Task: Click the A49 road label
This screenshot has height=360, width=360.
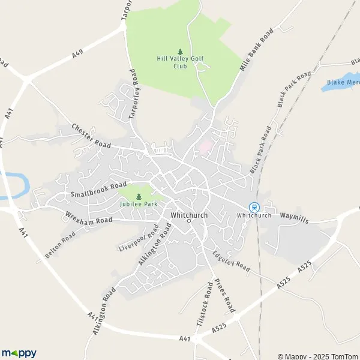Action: click(77, 54)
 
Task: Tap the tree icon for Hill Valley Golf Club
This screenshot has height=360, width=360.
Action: click(179, 52)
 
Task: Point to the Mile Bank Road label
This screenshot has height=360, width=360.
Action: click(256, 49)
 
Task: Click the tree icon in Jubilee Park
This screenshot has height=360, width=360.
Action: click(139, 196)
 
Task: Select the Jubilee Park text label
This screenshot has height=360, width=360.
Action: click(139, 204)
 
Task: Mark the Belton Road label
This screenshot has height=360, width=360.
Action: click(60, 246)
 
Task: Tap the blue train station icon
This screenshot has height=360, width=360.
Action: click(253, 207)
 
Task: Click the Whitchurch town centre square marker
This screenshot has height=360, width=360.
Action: click(188, 221)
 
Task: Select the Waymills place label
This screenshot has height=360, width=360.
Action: click(293, 218)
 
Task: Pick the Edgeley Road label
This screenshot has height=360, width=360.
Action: click(230, 260)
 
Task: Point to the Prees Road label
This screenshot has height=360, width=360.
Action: click(222, 296)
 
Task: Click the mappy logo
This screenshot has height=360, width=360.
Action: click(19, 353)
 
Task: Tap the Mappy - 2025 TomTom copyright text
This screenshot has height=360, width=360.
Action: click(317, 356)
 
